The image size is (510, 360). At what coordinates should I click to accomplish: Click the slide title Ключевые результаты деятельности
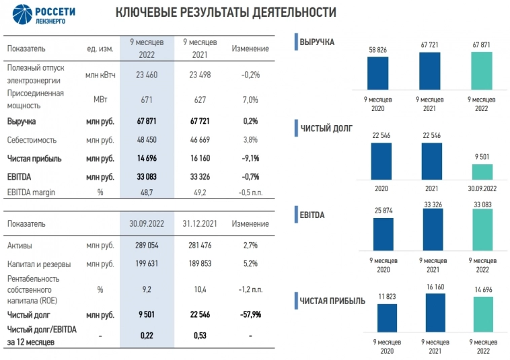(x=226, y=13)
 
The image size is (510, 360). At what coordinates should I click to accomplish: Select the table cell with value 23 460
(x=147, y=75)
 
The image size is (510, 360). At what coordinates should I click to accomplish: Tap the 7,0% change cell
(x=250, y=100)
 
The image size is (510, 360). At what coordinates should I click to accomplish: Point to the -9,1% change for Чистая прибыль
(x=250, y=159)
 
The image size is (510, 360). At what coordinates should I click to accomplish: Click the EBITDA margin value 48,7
(x=147, y=192)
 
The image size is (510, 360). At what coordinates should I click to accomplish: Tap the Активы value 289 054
(x=147, y=246)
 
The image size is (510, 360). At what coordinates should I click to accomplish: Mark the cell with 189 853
(x=198, y=264)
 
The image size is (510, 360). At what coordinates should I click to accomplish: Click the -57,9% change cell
(x=250, y=314)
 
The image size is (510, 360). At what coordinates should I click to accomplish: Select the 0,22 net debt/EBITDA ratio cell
(x=147, y=334)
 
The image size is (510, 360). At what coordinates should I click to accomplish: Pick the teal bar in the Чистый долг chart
(x=482, y=173)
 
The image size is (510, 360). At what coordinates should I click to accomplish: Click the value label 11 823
(x=386, y=297)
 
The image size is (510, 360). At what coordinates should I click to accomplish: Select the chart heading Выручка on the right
(x=318, y=42)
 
